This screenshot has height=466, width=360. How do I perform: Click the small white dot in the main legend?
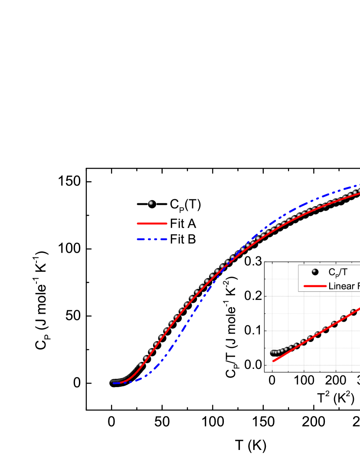(151, 203)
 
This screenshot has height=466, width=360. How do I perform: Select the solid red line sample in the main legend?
(152, 224)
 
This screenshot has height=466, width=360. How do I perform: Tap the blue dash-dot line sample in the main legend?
(152, 239)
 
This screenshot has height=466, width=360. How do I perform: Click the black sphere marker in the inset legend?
(315, 272)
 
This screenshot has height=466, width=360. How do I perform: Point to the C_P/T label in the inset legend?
(338, 273)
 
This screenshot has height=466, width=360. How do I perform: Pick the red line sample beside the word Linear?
(315, 286)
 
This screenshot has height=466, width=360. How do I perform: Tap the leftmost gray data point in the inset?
(272, 352)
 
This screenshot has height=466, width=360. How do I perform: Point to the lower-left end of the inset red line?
(273, 361)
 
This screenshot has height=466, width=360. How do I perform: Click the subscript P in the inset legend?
(335, 274)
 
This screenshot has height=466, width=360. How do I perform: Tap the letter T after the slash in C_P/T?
(344, 273)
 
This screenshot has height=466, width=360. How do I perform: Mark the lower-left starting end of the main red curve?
(114, 383)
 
